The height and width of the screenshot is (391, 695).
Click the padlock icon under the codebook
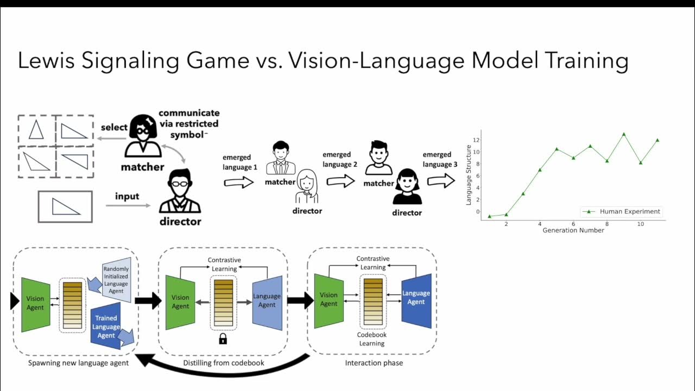click(x=223, y=339)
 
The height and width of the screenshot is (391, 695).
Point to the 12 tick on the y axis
click(x=476, y=140)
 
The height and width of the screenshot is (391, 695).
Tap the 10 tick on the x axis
click(x=641, y=224)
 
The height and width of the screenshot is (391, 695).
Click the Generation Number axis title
click(x=573, y=230)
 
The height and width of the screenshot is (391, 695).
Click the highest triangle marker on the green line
click(x=624, y=134)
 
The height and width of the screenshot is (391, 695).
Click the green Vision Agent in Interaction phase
click(x=328, y=300)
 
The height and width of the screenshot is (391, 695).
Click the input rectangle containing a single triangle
click(x=65, y=206)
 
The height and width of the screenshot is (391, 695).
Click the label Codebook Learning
click(x=372, y=339)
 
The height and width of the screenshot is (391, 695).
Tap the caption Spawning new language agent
click(x=78, y=363)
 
